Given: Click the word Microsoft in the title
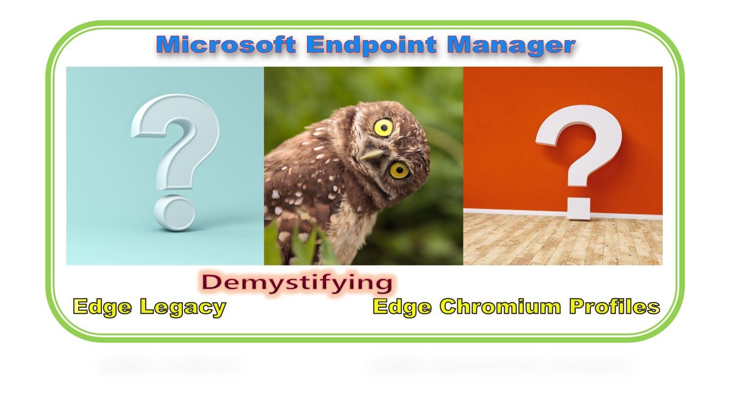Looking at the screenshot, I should coord(226,45).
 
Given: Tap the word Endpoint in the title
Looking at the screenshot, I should coord(372,45).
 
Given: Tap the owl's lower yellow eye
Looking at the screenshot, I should coord(399,170).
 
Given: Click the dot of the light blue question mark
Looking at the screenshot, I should coord(174,213).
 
